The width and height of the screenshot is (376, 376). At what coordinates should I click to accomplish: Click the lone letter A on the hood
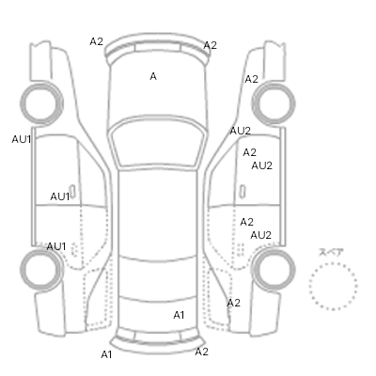[x=153, y=76]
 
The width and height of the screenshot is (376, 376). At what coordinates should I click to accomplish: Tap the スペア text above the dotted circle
[x=331, y=252]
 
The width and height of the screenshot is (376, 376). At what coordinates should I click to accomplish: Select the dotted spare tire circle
[x=333, y=287]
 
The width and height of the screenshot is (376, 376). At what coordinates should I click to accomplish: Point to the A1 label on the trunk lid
[x=179, y=315]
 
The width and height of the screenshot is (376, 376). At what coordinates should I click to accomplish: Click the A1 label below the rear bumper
[x=106, y=354]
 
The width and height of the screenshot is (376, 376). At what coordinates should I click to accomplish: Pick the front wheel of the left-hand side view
[x=41, y=103]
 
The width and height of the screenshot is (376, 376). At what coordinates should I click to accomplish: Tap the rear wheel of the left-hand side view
[x=41, y=269]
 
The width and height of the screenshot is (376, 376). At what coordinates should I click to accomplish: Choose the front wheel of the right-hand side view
[x=274, y=103]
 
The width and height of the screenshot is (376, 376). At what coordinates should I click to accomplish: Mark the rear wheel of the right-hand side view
[x=274, y=269]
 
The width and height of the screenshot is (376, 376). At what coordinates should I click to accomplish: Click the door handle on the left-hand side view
[x=72, y=192]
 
